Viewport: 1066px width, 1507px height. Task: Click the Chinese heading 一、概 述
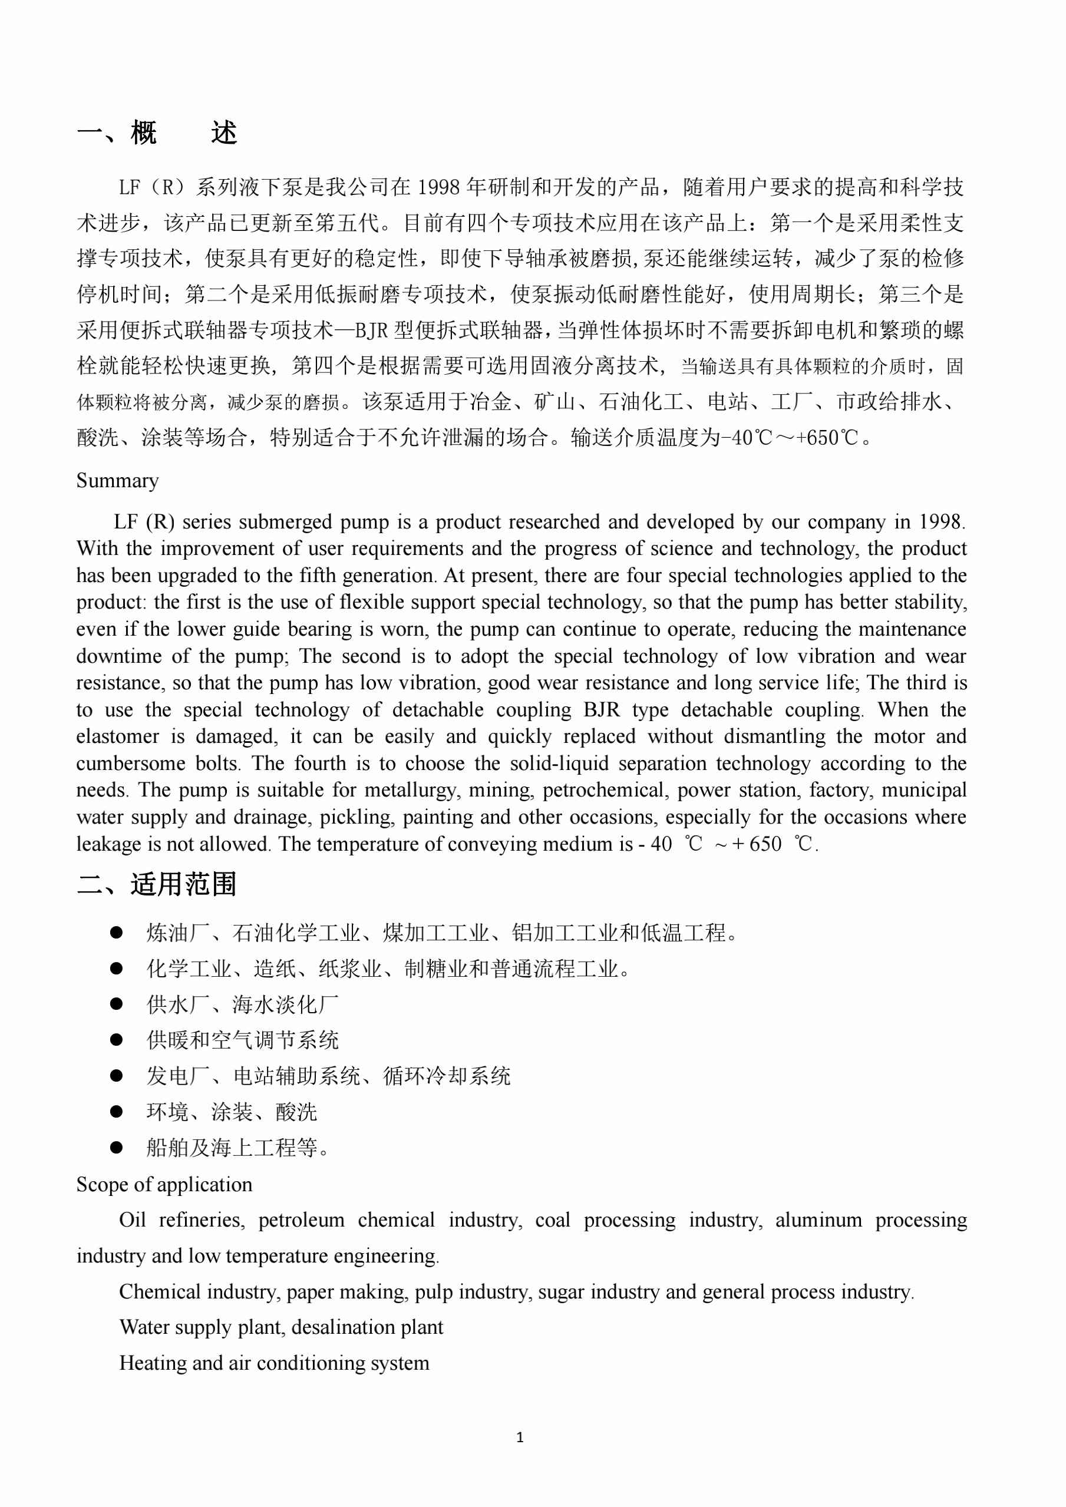[157, 133]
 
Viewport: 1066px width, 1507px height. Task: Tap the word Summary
[117, 481]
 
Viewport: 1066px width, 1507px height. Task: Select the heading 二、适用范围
[156, 884]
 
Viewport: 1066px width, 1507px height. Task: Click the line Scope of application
[164, 1184]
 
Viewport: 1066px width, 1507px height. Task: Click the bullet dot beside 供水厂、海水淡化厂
[117, 1003]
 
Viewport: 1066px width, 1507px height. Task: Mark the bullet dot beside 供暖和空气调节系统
[117, 1040]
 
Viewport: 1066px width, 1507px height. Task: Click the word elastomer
[117, 736]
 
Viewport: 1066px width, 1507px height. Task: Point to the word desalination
[341, 1327]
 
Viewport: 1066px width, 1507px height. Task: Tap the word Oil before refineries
[132, 1220]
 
